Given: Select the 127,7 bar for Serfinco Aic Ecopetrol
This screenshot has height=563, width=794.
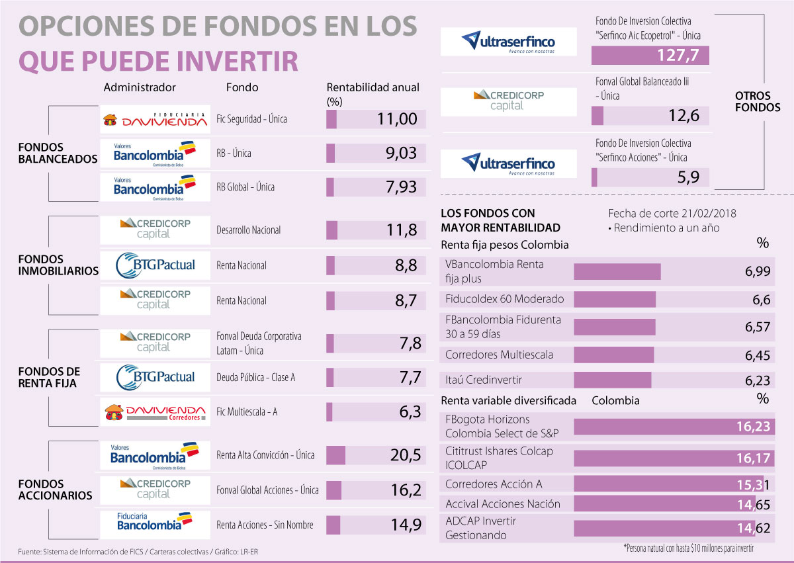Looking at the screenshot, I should pyautogui.click(x=650, y=56).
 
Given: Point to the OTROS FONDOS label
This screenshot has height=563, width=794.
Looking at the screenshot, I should pyautogui.click(x=757, y=101).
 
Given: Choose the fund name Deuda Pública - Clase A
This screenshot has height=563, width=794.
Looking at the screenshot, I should pyautogui.click(x=255, y=377).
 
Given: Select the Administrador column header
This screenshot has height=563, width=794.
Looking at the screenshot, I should pyautogui.click(x=140, y=87).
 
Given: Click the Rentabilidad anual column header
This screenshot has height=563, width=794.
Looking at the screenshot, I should pyautogui.click(x=373, y=87).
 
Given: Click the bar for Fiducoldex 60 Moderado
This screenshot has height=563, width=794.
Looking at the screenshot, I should pyautogui.click(x=615, y=300).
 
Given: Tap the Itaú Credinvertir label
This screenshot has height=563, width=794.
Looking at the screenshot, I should pyautogui.click(x=484, y=380).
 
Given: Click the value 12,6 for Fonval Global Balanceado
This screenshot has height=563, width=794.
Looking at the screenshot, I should pyautogui.click(x=684, y=116).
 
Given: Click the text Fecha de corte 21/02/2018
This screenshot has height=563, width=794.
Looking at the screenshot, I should pyautogui.click(x=672, y=214).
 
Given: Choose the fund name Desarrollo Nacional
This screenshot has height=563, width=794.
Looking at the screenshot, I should pyautogui.click(x=249, y=230).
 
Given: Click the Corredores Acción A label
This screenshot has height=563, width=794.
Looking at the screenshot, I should pyautogui.click(x=494, y=484).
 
